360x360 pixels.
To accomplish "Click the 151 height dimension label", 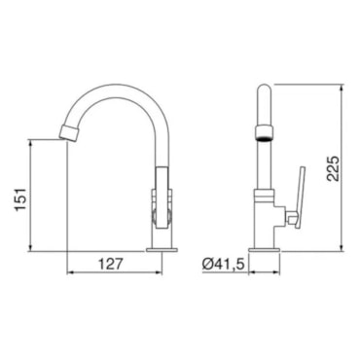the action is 21,198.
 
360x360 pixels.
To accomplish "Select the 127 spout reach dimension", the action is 111,264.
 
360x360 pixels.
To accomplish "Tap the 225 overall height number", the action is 333,168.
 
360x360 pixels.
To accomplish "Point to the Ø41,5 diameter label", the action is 223,265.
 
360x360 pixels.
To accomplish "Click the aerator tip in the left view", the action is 69,132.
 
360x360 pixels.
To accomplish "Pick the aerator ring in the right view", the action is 265,133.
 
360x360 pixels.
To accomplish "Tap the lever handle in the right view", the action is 300,198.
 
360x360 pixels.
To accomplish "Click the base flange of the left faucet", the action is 162,250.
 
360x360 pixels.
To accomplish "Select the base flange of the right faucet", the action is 264,250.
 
